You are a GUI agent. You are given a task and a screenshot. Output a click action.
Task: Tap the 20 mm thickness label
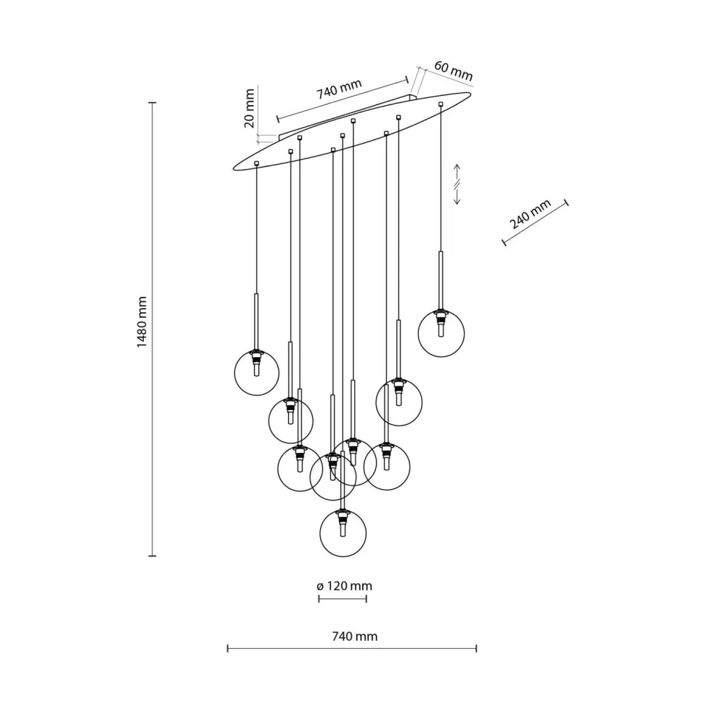click(249, 108)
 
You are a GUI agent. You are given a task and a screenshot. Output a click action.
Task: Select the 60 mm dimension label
click(453, 70)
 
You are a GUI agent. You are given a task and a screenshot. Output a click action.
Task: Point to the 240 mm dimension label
click(531, 213)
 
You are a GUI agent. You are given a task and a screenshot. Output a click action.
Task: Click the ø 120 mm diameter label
click(345, 586)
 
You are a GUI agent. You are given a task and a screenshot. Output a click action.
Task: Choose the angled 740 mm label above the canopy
click(338, 92)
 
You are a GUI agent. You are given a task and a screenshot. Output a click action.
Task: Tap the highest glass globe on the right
click(441, 333)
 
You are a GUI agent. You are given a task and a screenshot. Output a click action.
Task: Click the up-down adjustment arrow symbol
click(457, 184)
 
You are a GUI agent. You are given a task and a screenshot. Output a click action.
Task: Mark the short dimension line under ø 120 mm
click(343, 599)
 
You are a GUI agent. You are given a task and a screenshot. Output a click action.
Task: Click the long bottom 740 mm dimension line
click(352, 648)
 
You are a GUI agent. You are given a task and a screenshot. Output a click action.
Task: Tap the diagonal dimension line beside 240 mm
click(536, 223)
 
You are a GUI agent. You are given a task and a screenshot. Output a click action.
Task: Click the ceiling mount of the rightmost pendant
click(441, 105)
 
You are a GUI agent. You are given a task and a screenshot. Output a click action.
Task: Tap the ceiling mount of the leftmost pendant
click(256, 163)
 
